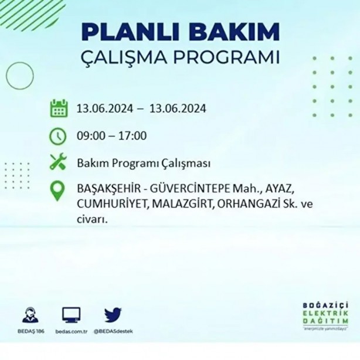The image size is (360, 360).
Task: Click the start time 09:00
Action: (90, 137)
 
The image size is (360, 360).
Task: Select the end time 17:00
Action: (133, 137)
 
